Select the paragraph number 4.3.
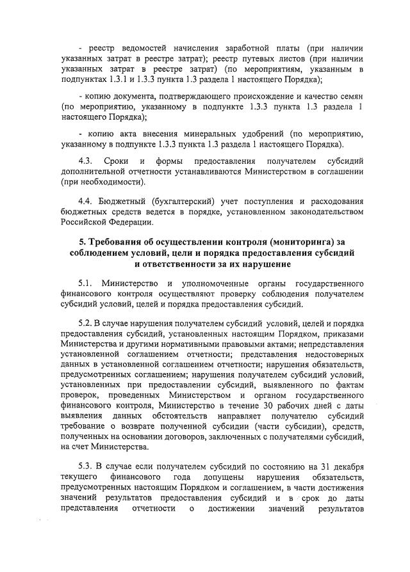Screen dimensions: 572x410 coord(86,162)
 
